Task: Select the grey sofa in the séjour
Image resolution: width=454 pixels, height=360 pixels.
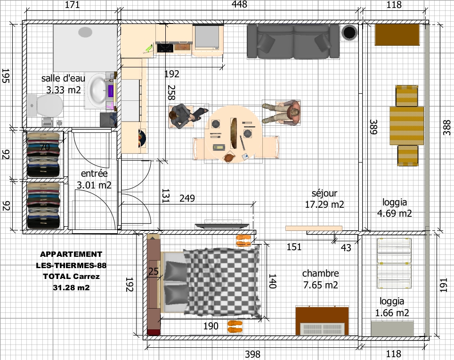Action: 293,41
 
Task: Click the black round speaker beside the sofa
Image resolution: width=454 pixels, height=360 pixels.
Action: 349,33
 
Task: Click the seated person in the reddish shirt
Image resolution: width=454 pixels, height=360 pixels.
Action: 282,112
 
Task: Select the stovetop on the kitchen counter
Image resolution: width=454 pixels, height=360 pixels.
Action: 165,48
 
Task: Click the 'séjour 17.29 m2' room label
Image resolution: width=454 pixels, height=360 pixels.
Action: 324,199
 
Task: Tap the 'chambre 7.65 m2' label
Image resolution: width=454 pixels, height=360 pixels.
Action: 321,279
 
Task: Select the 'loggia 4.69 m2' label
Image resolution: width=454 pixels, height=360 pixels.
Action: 394,208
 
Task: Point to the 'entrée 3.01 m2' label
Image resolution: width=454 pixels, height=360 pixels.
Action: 94,179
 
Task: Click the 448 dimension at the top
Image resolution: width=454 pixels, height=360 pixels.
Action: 239,4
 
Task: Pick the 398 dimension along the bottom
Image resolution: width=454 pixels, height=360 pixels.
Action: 252,354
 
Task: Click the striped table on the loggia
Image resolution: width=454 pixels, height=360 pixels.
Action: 406,126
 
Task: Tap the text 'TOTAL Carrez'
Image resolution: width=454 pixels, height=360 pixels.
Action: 71,276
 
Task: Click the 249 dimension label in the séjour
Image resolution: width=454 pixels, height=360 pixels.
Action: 187,198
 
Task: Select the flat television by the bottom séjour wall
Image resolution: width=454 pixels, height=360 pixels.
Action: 222,225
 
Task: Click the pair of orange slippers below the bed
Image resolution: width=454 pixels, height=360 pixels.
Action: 235,327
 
